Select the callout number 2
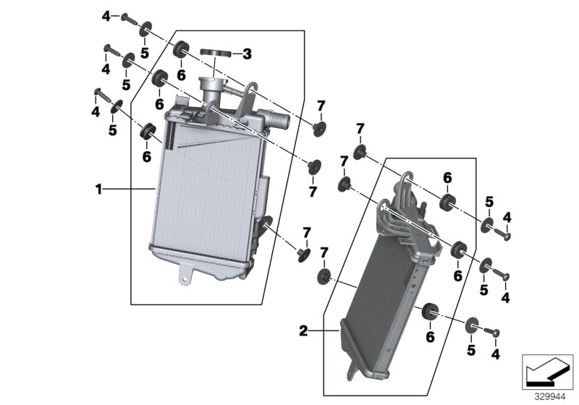pyautogui.click(x=304, y=331)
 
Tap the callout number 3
pyautogui.click(x=247, y=54)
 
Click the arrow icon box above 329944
pyautogui.click(x=546, y=372)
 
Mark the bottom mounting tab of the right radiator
pyautogui.click(x=352, y=367)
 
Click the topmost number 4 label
pyautogui.click(x=106, y=16)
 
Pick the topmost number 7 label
pyautogui.click(x=321, y=107)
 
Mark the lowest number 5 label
pyautogui.click(x=471, y=349)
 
